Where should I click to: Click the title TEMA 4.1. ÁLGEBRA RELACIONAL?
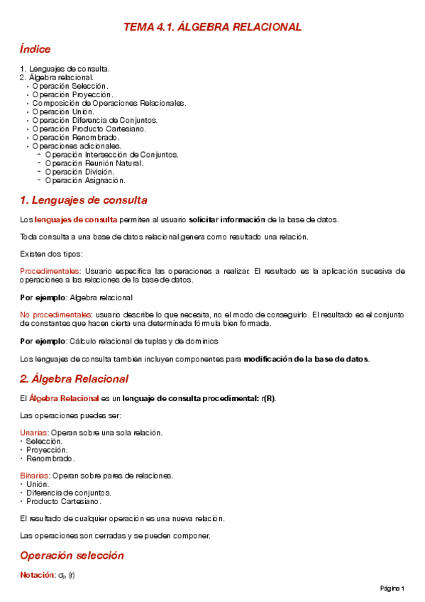tap(212, 27)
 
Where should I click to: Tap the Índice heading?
tap(35, 49)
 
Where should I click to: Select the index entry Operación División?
tap(79, 171)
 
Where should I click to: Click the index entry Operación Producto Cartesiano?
tap(89, 128)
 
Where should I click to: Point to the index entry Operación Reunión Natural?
tap(93, 163)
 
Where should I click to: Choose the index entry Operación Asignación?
tap(84, 180)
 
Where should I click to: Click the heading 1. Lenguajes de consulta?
tap(84, 200)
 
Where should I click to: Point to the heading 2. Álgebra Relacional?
tap(74, 378)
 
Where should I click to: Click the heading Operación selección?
tap(67, 555)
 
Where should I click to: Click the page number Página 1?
tap(392, 589)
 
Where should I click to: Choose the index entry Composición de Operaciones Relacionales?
tap(109, 103)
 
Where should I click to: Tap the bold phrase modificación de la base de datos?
tap(306, 359)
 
